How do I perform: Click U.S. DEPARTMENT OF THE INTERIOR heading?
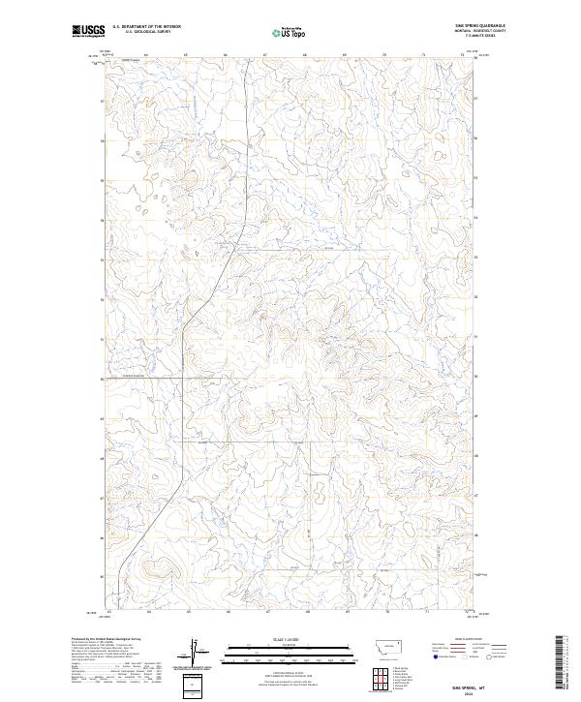(x=146, y=26)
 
